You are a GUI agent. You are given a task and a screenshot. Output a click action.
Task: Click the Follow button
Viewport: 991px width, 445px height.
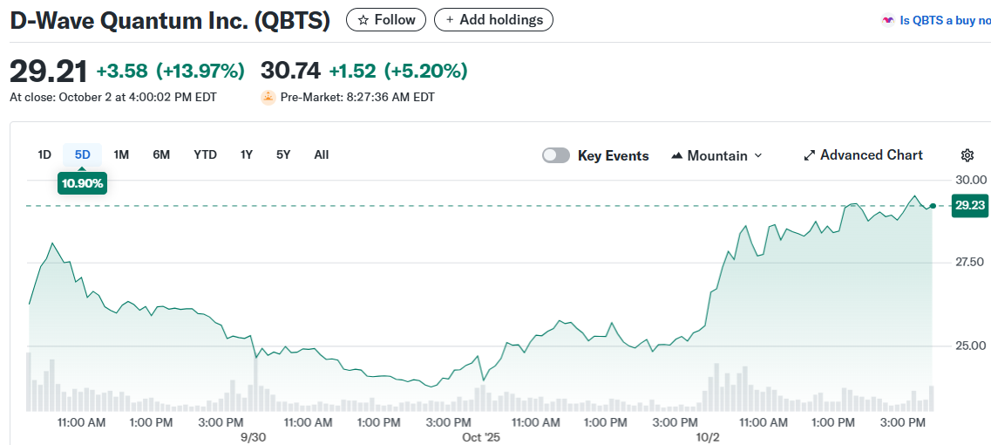[386, 19]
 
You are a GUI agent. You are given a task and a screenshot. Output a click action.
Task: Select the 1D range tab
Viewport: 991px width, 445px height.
[44, 155]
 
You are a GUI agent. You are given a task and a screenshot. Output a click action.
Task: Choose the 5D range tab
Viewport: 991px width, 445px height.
[82, 155]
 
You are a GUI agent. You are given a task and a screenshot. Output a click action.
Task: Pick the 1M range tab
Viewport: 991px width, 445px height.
[121, 155]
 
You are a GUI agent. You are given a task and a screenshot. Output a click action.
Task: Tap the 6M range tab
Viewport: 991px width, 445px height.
[161, 155]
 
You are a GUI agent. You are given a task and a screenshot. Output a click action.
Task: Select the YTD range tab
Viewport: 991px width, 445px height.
[205, 155]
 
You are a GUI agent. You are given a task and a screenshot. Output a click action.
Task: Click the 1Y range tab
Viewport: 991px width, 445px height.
[247, 155]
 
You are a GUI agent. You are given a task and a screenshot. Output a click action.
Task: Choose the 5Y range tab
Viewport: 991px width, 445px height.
[283, 155]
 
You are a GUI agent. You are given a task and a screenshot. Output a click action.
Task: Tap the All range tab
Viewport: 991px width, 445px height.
[321, 155]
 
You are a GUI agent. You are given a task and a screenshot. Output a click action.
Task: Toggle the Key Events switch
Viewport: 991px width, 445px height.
[556, 155]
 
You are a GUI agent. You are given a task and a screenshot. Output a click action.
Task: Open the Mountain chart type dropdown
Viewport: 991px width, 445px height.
[716, 155]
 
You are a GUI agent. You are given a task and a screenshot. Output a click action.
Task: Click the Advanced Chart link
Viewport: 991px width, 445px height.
[863, 155]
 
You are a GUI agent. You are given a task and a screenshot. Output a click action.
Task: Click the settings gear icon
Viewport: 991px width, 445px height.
[967, 155]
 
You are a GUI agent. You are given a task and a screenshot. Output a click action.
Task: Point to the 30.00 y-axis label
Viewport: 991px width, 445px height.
[970, 180]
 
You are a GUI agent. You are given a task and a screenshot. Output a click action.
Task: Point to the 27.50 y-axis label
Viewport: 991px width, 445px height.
[970, 263]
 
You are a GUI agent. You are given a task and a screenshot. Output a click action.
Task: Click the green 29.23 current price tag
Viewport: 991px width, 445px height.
[970, 206]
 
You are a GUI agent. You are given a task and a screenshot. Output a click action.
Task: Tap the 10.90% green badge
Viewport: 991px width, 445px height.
[82, 183]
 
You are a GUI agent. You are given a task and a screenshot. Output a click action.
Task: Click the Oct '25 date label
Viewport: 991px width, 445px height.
[481, 437]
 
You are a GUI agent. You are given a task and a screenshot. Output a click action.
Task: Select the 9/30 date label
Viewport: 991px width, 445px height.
[253, 437]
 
